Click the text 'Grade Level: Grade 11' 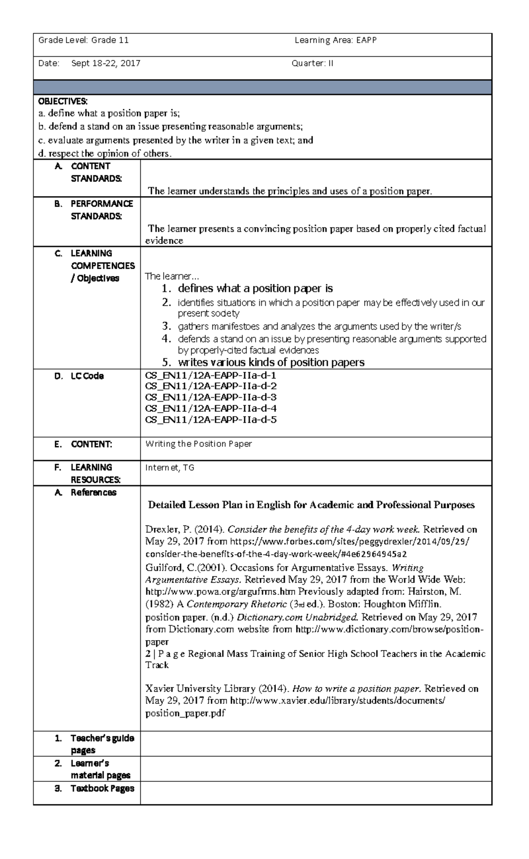pyautogui.click(x=83, y=41)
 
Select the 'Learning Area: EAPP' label pyautogui.click(x=335, y=41)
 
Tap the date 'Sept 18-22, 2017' pyautogui.click(x=106, y=63)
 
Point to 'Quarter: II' pyautogui.click(x=312, y=63)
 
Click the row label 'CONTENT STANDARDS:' pyautogui.click(x=96, y=172)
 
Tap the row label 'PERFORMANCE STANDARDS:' pyautogui.click(x=101, y=210)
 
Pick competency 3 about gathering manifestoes pyautogui.click(x=319, y=326)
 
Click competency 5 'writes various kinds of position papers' pyautogui.click(x=271, y=363)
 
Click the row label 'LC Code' pyautogui.click(x=87, y=376)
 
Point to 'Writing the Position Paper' pyautogui.click(x=198, y=444)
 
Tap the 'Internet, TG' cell pyautogui.click(x=170, y=468)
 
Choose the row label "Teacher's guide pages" pyautogui.click(x=102, y=744)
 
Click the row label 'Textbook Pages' pyautogui.click(x=102, y=789)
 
